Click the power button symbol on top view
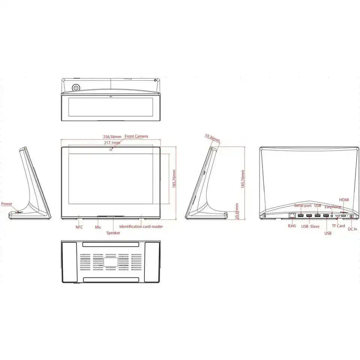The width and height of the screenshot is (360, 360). click(x=76, y=88)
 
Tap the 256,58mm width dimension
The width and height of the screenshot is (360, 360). click(x=112, y=136)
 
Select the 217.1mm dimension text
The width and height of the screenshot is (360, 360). click(x=112, y=143)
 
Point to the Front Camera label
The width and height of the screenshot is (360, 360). click(x=136, y=136)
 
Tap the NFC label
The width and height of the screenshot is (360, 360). click(x=79, y=227)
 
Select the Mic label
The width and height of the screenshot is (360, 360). click(x=98, y=227)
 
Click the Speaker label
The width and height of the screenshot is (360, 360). click(x=113, y=232)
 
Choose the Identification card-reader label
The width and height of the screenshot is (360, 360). click(x=141, y=226)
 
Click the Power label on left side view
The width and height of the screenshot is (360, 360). click(x=6, y=204)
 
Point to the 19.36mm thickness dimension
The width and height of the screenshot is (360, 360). click(x=213, y=138)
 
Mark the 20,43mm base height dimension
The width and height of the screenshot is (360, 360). click(x=237, y=212)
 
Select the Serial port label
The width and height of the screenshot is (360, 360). click(x=303, y=205)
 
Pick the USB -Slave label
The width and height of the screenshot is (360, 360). click(x=310, y=226)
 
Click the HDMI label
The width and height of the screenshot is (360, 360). click(x=344, y=200)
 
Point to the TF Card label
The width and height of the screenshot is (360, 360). click(x=338, y=226)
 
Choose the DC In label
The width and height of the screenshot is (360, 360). click(x=352, y=229)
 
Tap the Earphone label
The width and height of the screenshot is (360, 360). click(x=333, y=207)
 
